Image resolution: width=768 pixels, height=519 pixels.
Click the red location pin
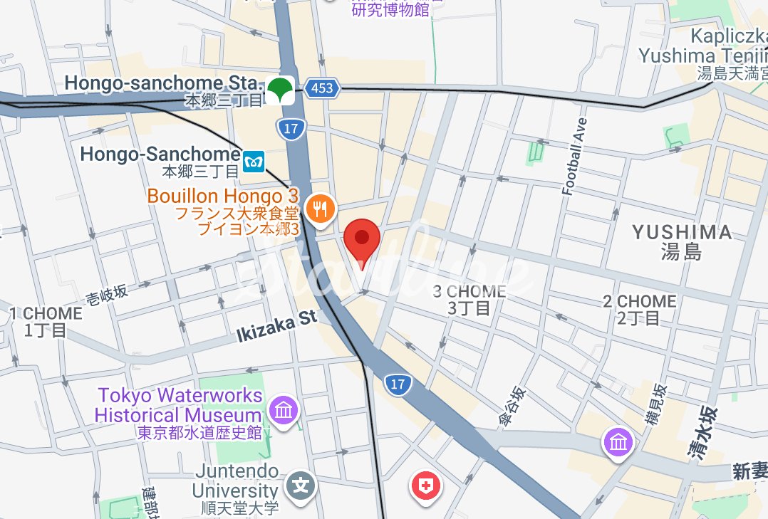coord(363,239)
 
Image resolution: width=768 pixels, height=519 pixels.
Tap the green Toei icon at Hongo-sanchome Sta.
coord(280,90)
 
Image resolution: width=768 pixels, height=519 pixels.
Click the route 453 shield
coord(321,88)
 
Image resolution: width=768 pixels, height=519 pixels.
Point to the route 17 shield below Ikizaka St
coord(398,385)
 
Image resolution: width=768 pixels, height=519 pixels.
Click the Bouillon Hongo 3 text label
coord(222,196)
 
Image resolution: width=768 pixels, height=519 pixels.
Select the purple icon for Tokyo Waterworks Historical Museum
coord(284,410)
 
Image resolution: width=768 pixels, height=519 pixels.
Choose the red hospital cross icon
coord(426,488)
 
